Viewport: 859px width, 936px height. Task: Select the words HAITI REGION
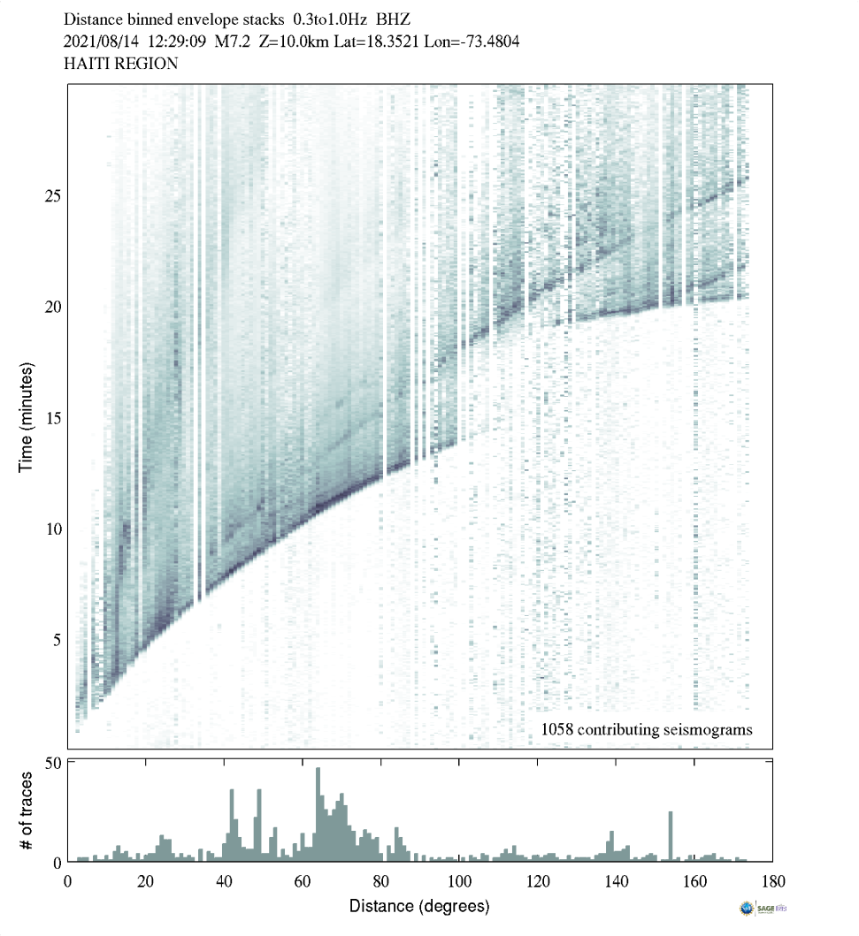tap(121, 64)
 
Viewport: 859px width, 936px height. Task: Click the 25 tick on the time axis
tap(52, 195)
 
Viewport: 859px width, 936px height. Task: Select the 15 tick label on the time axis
tap(52, 418)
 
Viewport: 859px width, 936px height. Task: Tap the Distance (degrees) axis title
tap(419, 906)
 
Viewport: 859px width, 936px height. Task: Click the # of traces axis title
tap(26, 810)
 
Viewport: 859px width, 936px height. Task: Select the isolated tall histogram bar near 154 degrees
tap(671, 835)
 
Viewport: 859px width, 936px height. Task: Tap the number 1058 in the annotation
tap(557, 730)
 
